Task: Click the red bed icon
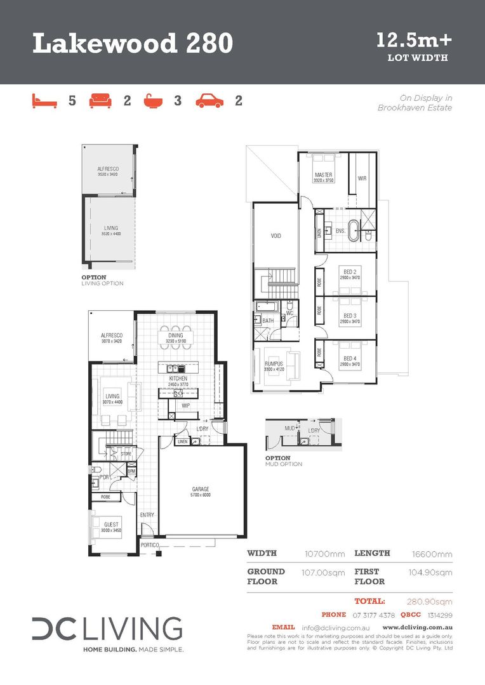click(x=44, y=100)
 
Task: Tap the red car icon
click(x=209, y=100)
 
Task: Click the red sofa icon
click(x=100, y=100)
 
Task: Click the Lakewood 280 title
click(x=133, y=44)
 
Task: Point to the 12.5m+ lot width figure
click(x=414, y=41)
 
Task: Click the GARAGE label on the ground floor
click(x=201, y=489)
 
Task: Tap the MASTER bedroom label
click(x=323, y=175)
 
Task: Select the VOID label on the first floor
click(x=276, y=235)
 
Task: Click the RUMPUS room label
click(x=274, y=363)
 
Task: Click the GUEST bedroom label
click(x=111, y=525)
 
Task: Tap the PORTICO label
click(x=149, y=545)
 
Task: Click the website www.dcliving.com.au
click(x=417, y=627)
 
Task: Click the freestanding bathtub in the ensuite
click(x=366, y=232)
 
